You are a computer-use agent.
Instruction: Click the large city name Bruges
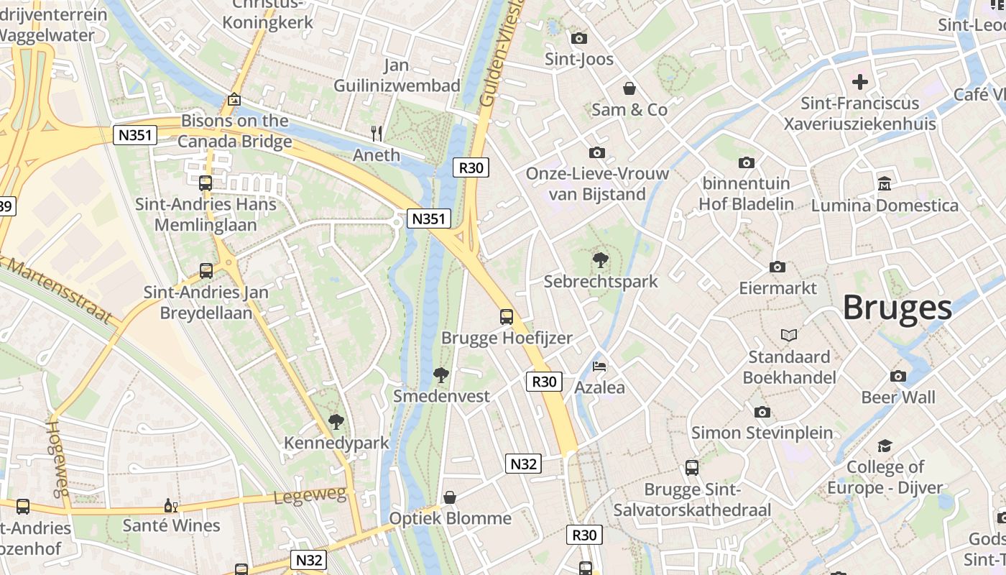tap(897, 308)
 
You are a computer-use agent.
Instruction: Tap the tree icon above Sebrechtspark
tap(601, 259)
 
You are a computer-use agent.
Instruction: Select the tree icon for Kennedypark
tap(336, 421)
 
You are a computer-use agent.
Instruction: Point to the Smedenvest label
tap(441, 396)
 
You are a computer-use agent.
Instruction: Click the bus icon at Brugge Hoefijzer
tap(507, 316)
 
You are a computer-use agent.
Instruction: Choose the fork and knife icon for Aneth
tap(376, 133)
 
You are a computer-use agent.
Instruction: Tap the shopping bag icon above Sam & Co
tap(629, 88)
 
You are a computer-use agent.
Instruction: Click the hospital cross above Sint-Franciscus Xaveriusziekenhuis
tap(859, 82)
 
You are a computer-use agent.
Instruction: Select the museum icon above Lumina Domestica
tap(885, 183)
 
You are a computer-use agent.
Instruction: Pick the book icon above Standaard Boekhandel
tap(789, 335)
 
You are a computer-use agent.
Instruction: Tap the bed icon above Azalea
tap(599, 367)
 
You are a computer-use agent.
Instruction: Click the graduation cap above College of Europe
tap(885, 446)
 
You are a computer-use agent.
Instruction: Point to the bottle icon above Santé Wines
tap(171, 505)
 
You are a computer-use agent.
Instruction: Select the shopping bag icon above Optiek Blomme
tap(450, 497)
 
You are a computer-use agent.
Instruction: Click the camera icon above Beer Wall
tap(898, 376)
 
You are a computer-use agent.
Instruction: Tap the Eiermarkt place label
tap(778, 288)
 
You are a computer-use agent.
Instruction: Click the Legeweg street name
tap(310, 496)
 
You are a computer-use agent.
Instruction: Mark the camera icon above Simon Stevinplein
tap(762, 412)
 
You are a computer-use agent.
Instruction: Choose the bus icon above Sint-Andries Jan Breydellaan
tap(206, 271)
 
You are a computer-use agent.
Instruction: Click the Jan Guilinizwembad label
tap(397, 75)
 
